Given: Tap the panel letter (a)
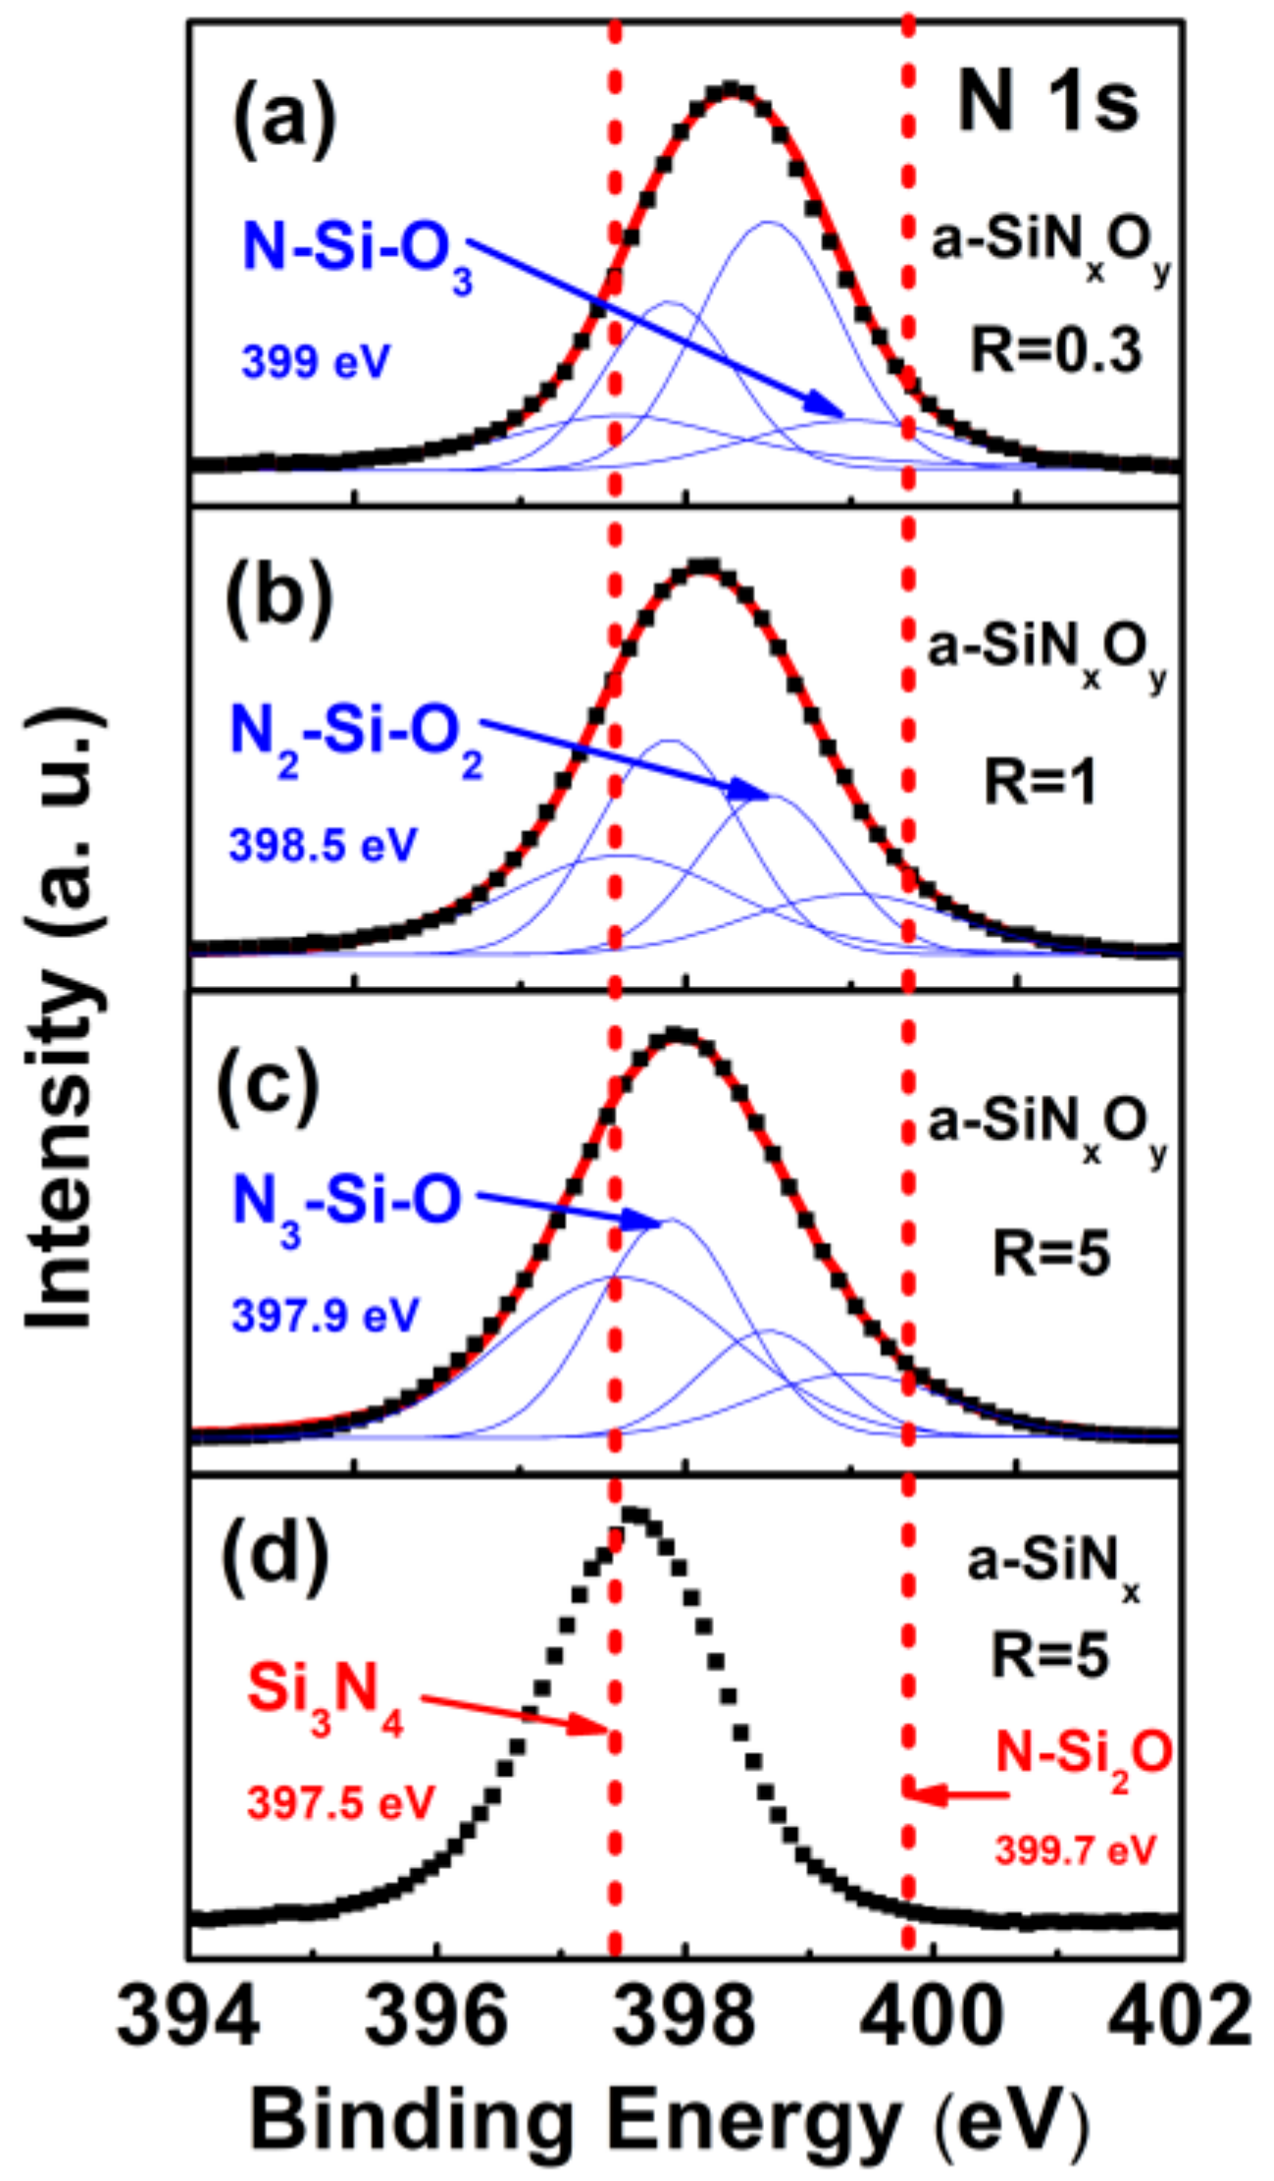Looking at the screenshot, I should pos(284,114).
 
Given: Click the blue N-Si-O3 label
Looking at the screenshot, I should pos(357,250).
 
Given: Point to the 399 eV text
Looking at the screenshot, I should pos(316,362).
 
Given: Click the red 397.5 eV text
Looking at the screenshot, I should pos(340,1802).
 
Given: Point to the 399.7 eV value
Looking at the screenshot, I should pos(1076,1850).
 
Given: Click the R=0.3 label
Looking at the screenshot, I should pos(1056,349).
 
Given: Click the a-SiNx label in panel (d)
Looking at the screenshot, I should pos(1052,1563).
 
